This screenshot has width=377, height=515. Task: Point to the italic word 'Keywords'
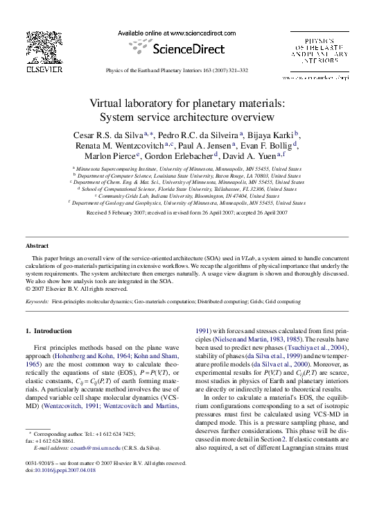pyautogui.click(x=37, y=303)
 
